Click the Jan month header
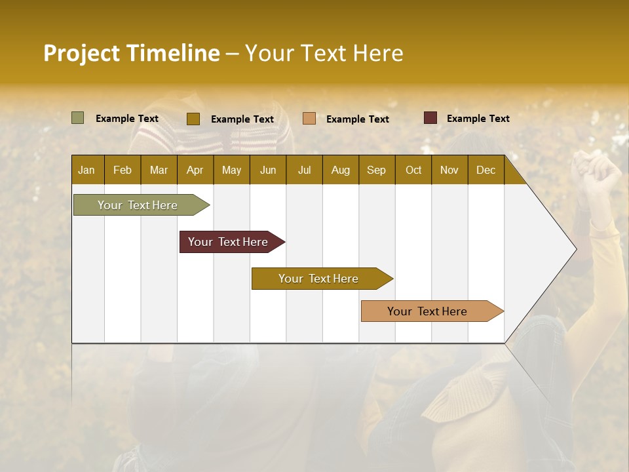pos(86,170)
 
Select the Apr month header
pos(195,170)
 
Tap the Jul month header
pos(304,170)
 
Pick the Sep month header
pos(376,170)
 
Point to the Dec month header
pos(486,170)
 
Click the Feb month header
pos(123,170)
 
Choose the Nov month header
pos(449,170)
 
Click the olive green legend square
pos(78,118)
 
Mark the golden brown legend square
pos(193,119)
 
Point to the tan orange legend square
pos(309,119)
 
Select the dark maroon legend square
pos(430,118)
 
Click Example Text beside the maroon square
pos(478,119)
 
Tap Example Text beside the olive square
pos(127,119)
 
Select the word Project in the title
pos(81,53)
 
